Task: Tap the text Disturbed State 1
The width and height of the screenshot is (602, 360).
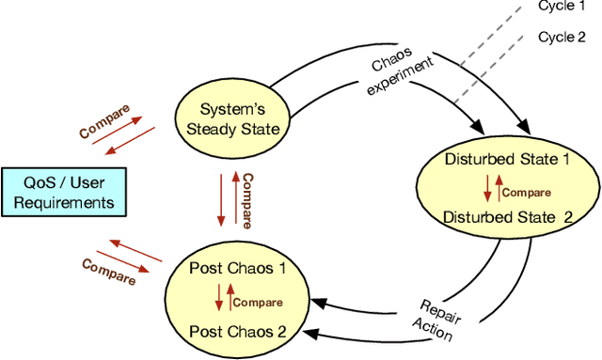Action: (507, 159)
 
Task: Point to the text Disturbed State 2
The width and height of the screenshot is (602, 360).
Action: (507, 216)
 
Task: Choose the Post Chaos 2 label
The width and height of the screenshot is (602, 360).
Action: (237, 331)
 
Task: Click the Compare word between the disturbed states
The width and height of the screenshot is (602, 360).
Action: (526, 193)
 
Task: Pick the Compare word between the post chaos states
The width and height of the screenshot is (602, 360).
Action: (257, 302)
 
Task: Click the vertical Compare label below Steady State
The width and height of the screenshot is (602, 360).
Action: (247, 199)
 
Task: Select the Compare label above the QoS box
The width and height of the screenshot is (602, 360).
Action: (104, 121)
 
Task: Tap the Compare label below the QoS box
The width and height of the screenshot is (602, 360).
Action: (109, 266)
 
